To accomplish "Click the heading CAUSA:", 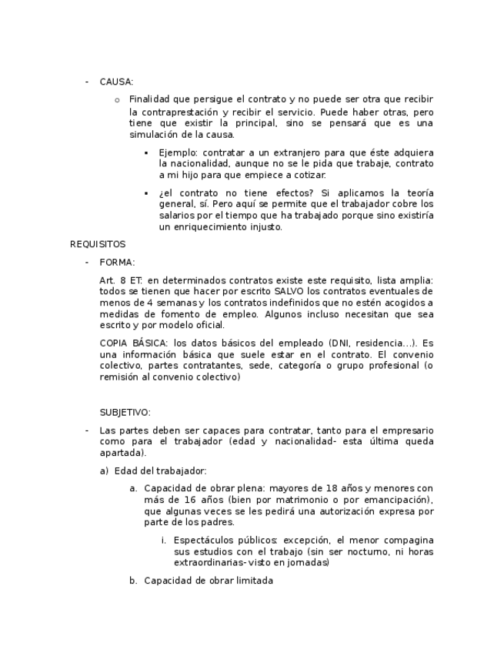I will point(117,81).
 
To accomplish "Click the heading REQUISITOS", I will point(98,244).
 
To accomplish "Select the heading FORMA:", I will point(117,262).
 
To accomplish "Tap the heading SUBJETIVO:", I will point(125,413).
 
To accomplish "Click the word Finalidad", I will point(149,99).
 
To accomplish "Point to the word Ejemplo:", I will point(179,152).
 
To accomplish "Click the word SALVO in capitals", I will point(290,291).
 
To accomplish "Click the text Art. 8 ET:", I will point(122,280).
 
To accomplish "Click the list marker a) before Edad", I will point(104,470).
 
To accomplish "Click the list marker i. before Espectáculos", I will point(164,540).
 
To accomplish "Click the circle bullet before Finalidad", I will point(117,100).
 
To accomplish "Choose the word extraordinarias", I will point(202,563).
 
